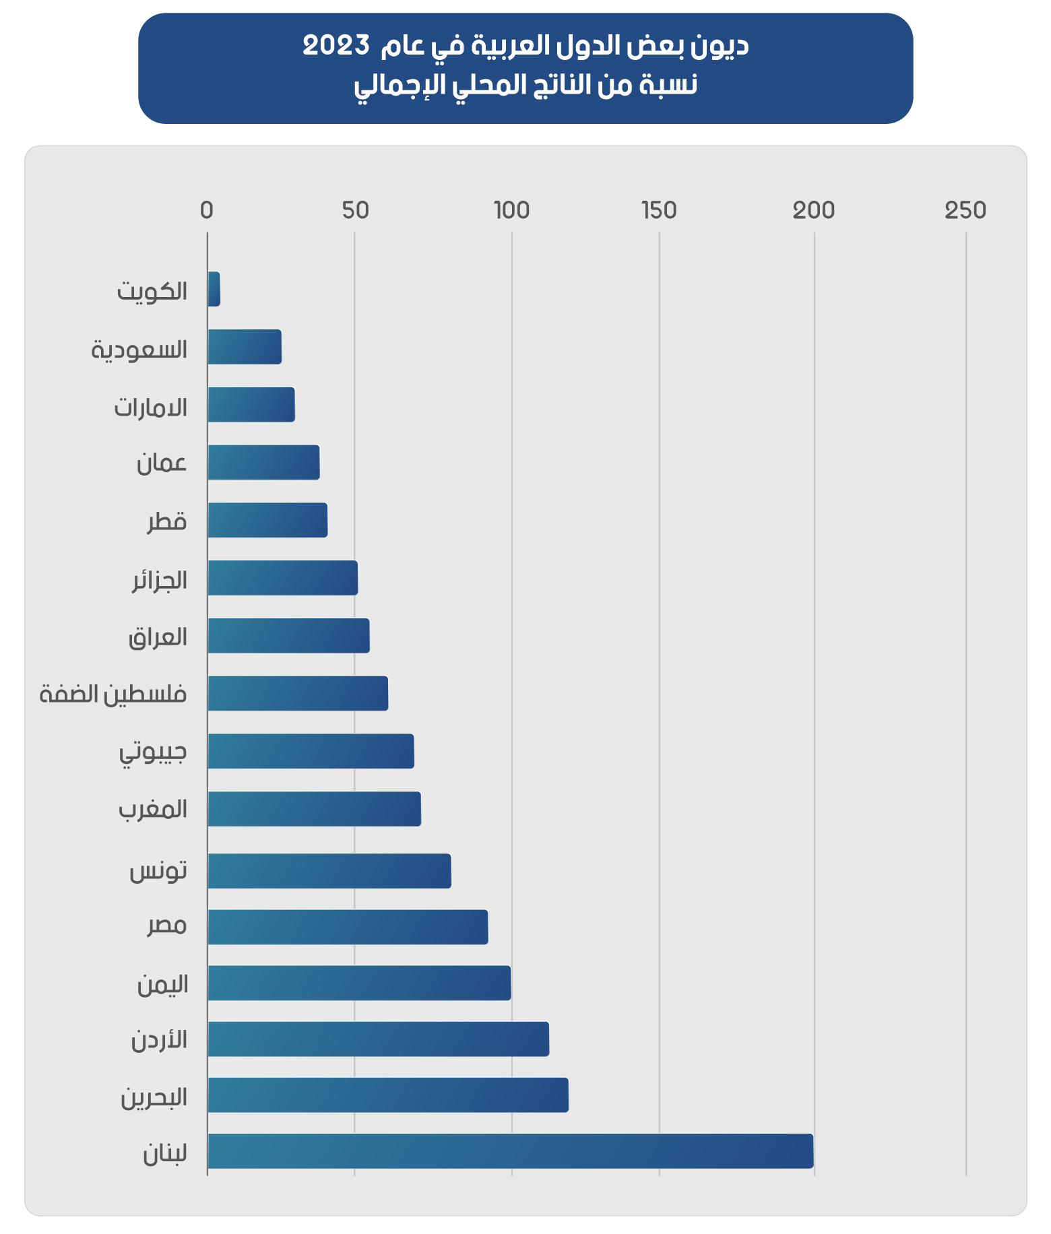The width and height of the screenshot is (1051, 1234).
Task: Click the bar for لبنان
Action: point(510,1150)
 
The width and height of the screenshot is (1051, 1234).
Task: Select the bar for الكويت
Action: point(214,289)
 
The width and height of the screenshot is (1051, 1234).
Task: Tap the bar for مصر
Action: point(348,927)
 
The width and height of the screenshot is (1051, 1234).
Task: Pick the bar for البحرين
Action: point(387,1095)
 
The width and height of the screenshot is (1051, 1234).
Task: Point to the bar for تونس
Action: point(329,871)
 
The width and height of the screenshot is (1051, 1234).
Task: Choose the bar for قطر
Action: point(267,520)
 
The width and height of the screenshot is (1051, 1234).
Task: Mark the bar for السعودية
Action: point(245,347)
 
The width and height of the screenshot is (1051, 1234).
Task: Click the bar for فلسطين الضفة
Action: point(298,693)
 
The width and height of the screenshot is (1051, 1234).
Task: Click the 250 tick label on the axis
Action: point(965,210)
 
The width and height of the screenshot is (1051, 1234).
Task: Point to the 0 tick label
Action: point(207,210)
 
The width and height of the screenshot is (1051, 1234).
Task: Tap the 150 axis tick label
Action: point(659,210)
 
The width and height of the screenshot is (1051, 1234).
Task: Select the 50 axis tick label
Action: point(355,210)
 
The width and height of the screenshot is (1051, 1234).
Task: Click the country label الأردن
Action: point(159,1040)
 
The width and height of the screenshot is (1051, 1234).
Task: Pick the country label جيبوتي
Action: point(153,752)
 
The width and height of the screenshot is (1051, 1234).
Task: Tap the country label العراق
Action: point(158,637)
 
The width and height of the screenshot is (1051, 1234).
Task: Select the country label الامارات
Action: point(150,407)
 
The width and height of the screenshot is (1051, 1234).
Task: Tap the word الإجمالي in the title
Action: point(391,87)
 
